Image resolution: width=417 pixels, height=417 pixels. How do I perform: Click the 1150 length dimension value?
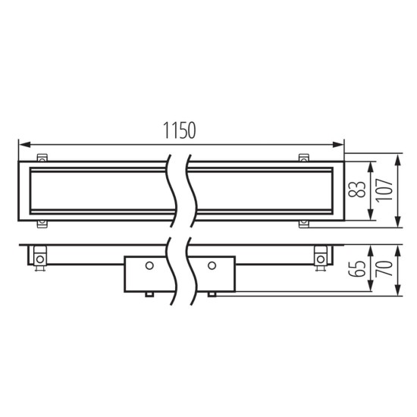click(x=180, y=130)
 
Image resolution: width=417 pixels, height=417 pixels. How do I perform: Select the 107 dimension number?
click(x=385, y=190)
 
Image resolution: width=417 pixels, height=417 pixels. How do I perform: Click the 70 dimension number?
click(x=385, y=268)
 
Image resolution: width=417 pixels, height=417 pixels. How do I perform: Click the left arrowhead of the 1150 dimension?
click(x=23, y=143)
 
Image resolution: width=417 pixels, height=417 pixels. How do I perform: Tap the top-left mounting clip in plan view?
click(x=42, y=158)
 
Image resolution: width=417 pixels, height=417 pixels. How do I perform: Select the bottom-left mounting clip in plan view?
click(x=42, y=223)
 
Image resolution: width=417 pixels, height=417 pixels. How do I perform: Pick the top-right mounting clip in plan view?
click(x=305, y=158)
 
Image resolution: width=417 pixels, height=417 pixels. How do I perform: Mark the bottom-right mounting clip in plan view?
click(x=305, y=223)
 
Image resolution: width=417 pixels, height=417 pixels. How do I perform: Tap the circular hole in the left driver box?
click(x=150, y=265)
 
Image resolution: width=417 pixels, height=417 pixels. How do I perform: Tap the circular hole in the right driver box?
click(x=212, y=265)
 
